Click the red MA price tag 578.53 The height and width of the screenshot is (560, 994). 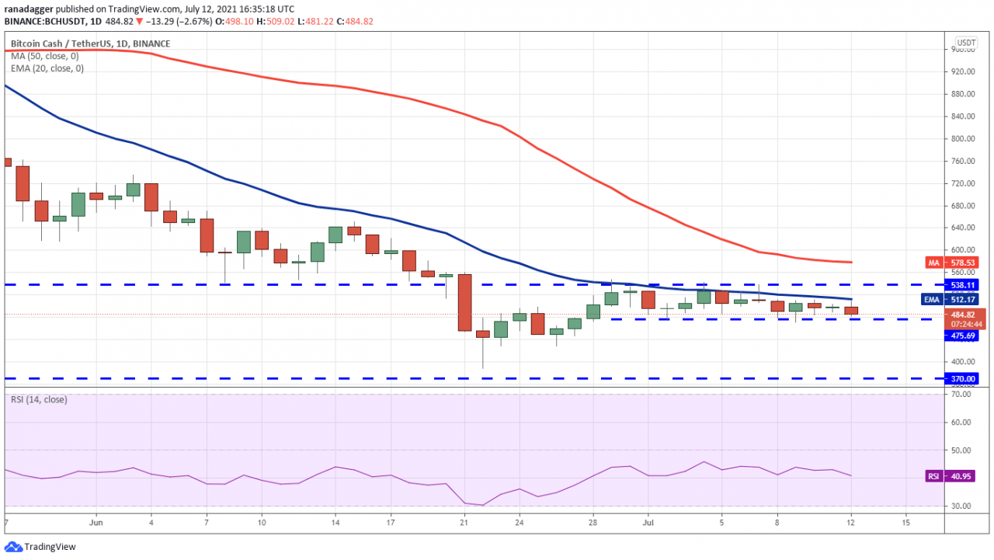966,263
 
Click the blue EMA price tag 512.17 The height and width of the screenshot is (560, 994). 966,299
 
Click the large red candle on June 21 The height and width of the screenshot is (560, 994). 464,302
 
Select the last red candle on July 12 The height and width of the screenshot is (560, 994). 851,311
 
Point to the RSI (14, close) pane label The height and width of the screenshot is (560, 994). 39,400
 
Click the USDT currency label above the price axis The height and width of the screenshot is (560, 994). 966,43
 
